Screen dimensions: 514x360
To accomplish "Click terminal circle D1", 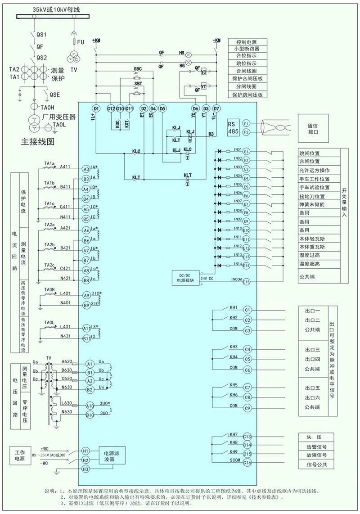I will coord(96,108).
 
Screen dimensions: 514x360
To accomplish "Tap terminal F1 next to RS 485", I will coord(246,123).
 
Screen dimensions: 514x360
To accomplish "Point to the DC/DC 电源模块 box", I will coord(185,277).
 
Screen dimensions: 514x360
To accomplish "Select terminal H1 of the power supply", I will coord(85,451).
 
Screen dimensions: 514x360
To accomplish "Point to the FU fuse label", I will coord(81,42).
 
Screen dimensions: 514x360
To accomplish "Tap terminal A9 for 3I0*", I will coord(86,295).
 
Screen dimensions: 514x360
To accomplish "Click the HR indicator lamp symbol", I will coord(189,53).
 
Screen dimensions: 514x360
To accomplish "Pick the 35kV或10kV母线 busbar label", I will coord(53,9).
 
